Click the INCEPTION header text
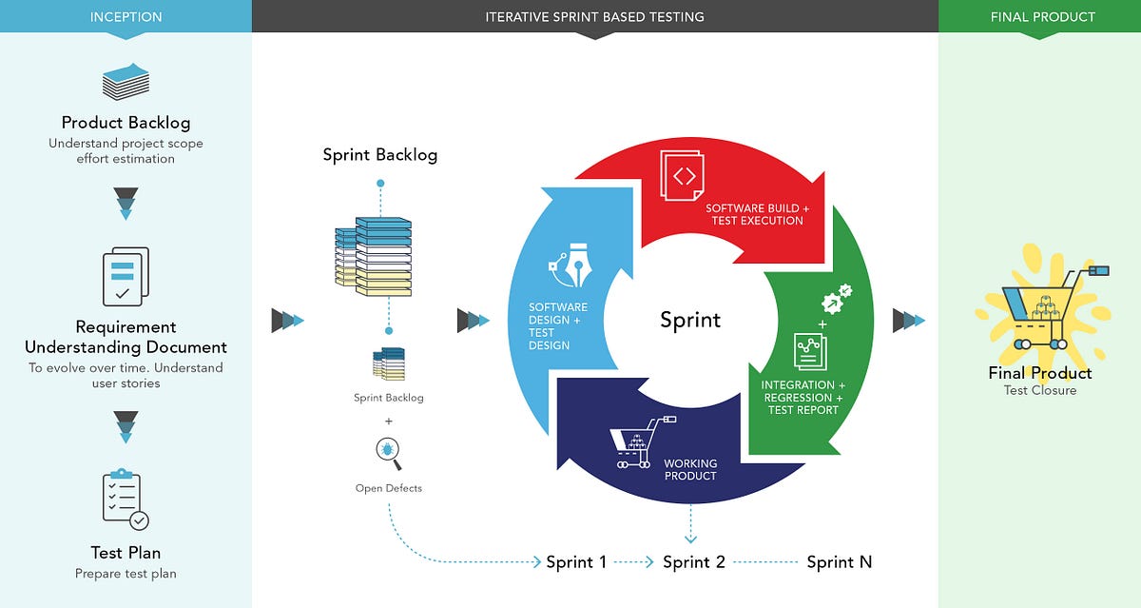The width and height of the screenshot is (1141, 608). click(126, 17)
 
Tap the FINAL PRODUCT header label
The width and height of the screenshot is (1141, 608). click(1042, 17)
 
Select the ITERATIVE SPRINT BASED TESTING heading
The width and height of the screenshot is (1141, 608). click(594, 17)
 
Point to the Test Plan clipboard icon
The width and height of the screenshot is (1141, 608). click(126, 500)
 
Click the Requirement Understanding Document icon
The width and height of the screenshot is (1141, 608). click(126, 277)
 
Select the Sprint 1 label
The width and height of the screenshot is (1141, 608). click(576, 562)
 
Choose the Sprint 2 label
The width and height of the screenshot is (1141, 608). click(694, 562)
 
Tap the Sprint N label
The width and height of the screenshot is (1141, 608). click(840, 562)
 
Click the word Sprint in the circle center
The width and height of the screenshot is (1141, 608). click(690, 320)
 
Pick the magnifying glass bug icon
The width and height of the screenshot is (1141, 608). click(389, 454)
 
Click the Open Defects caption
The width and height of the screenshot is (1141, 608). click(389, 488)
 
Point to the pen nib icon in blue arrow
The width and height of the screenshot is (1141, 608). click(572, 269)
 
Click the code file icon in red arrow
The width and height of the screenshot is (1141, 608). click(684, 176)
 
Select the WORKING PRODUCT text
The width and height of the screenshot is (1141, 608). click(690, 469)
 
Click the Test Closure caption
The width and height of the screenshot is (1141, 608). click(1040, 391)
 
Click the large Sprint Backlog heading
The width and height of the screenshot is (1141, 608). click(380, 155)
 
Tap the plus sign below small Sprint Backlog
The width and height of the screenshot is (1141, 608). click(389, 421)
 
